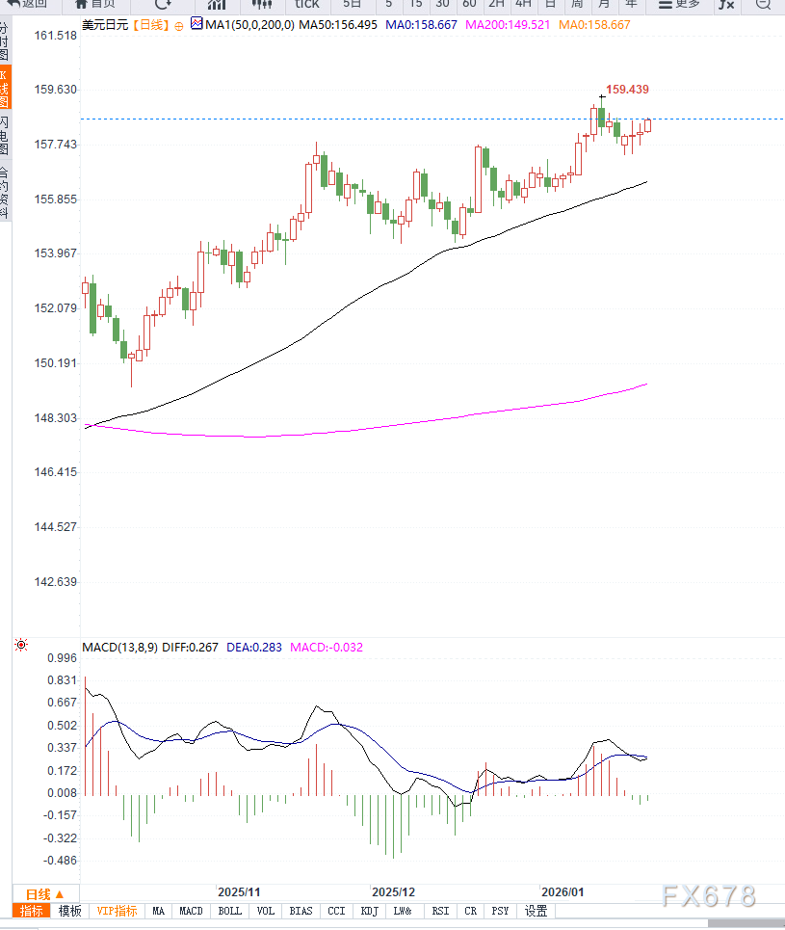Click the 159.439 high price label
pyautogui.click(x=628, y=89)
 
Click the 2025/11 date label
pyautogui.click(x=240, y=892)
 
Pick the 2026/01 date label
pyautogui.click(x=563, y=892)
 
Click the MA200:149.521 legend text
pyautogui.click(x=508, y=24)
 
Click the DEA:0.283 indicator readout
pyautogui.click(x=254, y=648)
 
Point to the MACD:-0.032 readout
pyautogui.click(x=327, y=648)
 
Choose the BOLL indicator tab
pyautogui.click(x=229, y=911)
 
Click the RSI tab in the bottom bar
pyautogui.click(x=440, y=911)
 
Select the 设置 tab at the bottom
pyautogui.click(x=536, y=911)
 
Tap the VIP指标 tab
pyautogui.click(x=117, y=911)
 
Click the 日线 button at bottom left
pyautogui.click(x=44, y=893)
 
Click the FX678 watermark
pyautogui.click(x=708, y=895)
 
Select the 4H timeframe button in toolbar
pyautogui.click(x=523, y=4)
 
